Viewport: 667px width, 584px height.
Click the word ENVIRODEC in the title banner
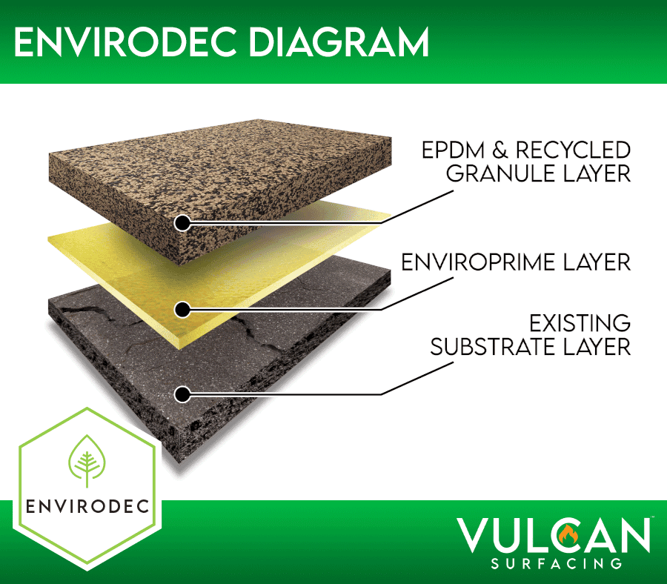125,42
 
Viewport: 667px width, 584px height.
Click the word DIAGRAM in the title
339,42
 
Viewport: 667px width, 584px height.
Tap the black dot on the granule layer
182,222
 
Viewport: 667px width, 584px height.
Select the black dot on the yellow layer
182,309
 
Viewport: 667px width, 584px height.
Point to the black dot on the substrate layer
182,394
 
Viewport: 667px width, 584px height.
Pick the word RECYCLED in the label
574,150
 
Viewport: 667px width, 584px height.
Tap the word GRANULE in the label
501,173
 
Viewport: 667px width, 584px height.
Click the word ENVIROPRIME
478,262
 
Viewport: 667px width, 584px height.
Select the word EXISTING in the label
580,323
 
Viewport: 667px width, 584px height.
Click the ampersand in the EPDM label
501,150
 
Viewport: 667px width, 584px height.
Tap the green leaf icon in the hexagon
87,461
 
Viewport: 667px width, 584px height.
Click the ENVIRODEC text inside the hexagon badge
87,507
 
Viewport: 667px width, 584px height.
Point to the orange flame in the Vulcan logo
568,534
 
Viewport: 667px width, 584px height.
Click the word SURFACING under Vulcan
557,564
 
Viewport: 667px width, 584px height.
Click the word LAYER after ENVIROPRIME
597,262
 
